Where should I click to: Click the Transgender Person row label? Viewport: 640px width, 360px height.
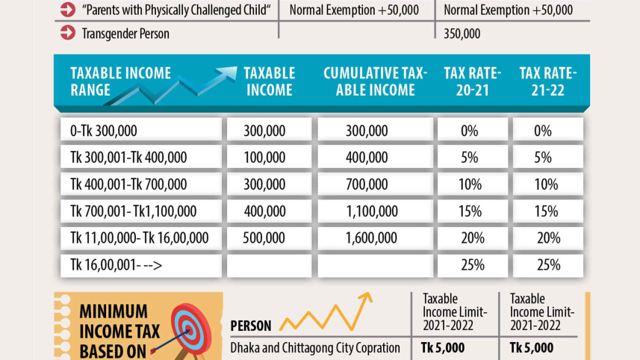[126, 34]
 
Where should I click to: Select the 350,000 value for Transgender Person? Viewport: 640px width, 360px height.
[462, 34]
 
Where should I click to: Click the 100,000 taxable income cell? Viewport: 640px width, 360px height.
[264, 158]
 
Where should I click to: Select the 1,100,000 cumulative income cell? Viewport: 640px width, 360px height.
[367, 211]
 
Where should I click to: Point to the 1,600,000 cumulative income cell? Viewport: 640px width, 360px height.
[367, 238]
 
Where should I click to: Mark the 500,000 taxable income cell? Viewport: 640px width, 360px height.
[264, 238]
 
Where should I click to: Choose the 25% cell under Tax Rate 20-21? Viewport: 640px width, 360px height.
[472, 264]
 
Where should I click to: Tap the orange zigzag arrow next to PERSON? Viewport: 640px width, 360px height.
[326, 314]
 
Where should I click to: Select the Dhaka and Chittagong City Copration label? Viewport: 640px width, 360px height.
[315, 348]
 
